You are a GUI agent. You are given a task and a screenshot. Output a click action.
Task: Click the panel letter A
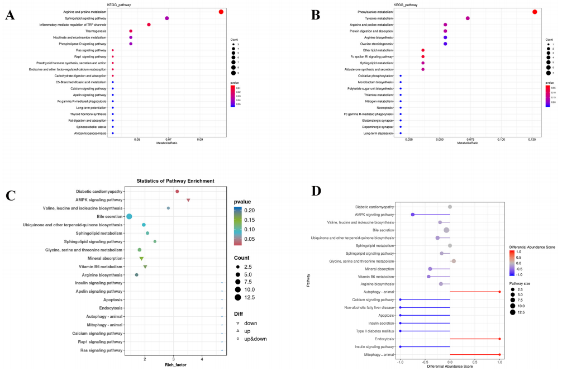[9, 15]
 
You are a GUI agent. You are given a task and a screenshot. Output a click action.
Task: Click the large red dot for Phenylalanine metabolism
[535, 12]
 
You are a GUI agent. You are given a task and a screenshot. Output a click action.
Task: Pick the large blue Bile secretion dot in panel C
[129, 216]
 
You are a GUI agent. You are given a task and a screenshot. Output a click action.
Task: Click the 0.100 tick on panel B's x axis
[501, 139]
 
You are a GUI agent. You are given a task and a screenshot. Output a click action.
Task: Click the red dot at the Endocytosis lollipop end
[499, 339]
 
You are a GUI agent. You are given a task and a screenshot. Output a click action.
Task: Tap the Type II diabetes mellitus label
[375, 331]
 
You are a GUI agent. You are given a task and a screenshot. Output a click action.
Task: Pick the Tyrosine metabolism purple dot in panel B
[468, 18]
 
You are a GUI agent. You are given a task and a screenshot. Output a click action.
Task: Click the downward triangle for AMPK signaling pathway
[189, 200]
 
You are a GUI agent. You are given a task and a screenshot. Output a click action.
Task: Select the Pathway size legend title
[523, 284]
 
